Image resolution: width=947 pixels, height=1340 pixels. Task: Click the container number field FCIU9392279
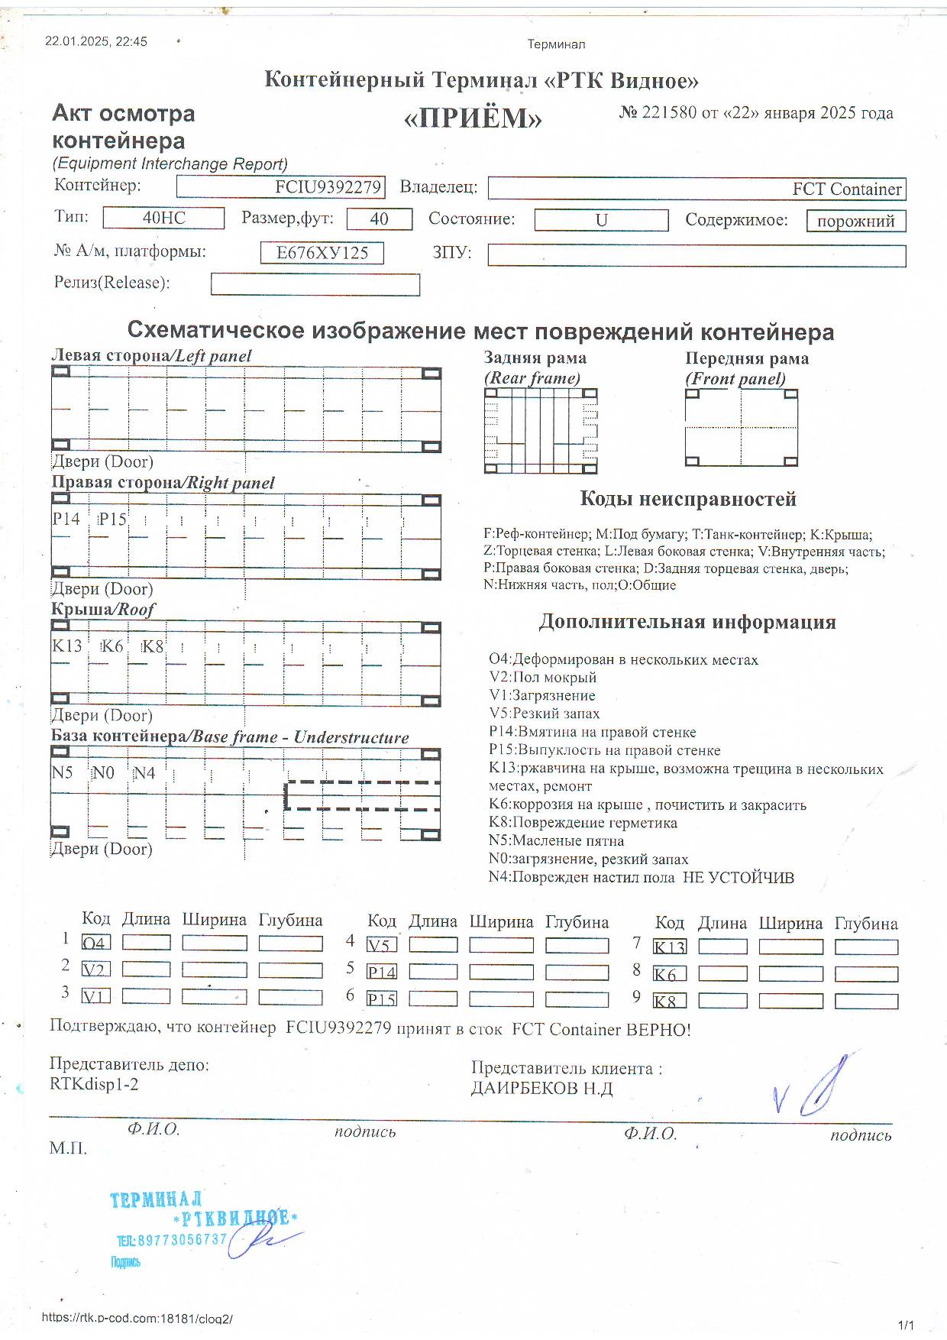pos(280,187)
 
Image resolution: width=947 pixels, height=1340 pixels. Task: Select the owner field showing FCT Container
pos(697,189)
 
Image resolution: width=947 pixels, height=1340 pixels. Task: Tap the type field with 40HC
pos(163,218)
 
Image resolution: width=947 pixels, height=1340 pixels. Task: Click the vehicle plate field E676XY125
pos(322,253)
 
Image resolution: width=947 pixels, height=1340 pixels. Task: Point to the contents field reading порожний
pos(855,222)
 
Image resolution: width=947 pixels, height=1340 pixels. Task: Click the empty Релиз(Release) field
pos(315,284)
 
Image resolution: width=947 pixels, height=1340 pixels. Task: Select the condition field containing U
pos(601,220)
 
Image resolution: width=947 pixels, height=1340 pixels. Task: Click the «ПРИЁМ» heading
pos(472,118)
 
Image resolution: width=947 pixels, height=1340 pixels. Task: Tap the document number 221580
pos(669,113)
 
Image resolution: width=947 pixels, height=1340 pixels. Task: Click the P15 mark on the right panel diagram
pos(112,519)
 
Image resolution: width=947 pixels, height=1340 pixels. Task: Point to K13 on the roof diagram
pos(66,646)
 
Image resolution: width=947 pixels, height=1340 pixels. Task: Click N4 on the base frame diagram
pos(144,773)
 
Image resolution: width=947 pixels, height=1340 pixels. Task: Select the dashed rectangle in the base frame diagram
pos(362,795)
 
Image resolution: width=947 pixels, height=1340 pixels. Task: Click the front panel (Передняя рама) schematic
pos(741,428)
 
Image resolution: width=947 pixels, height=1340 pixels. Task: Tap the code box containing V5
pos(381,945)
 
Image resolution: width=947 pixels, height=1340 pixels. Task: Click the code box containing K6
pos(669,974)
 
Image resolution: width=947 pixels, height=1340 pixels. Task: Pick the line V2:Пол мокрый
pos(542,677)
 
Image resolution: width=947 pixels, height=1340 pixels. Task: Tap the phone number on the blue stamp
pos(173,1239)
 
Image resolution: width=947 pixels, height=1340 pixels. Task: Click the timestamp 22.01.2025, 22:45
pos(96,41)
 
